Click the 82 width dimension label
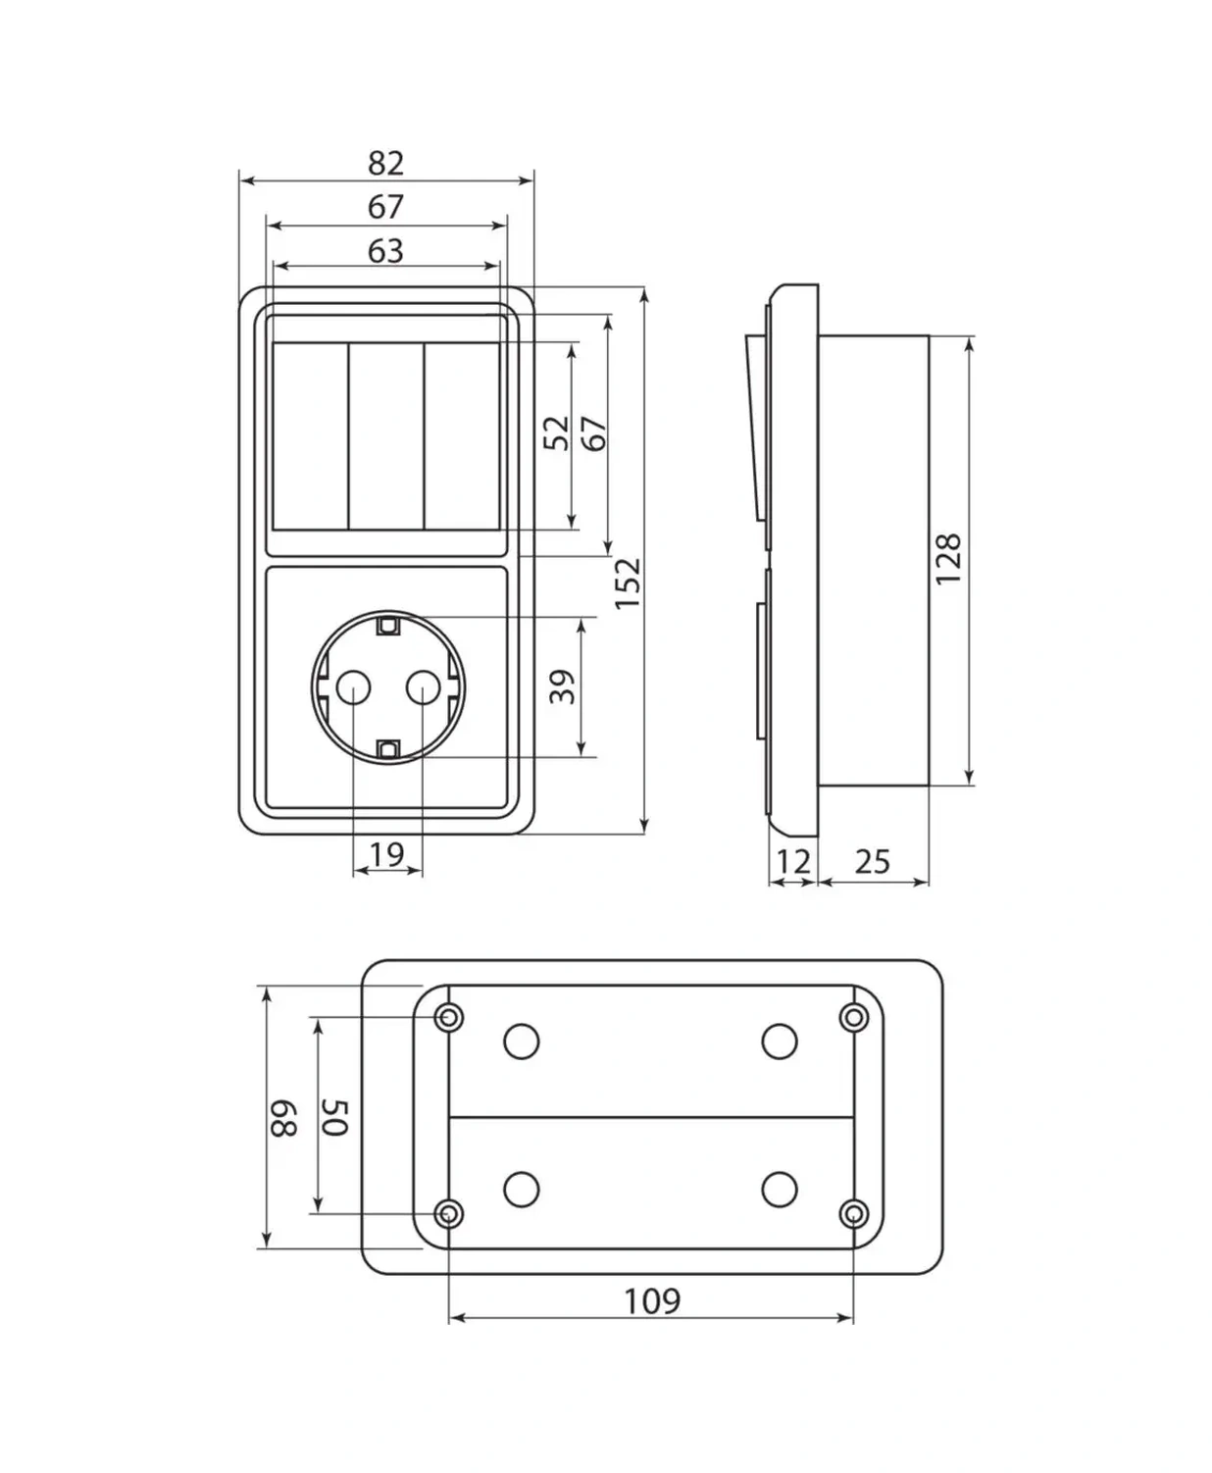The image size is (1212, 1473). [385, 164]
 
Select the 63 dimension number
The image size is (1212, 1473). [385, 251]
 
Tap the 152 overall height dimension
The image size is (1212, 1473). [628, 584]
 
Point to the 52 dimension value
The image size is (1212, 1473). [557, 433]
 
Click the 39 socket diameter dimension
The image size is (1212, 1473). [562, 686]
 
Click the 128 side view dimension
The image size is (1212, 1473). [948, 559]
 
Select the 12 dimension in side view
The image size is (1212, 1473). [793, 863]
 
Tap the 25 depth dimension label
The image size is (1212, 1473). [873, 863]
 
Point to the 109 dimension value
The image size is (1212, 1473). [652, 1301]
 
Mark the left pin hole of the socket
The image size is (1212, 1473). [353, 687]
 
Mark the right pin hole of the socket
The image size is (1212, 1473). [423, 687]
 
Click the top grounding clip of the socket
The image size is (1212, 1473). [387, 626]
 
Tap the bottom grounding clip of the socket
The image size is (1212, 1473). [387, 749]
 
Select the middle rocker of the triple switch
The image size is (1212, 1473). [386, 435]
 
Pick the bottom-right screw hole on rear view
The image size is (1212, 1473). [854, 1214]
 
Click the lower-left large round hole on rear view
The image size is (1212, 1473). [521, 1190]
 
